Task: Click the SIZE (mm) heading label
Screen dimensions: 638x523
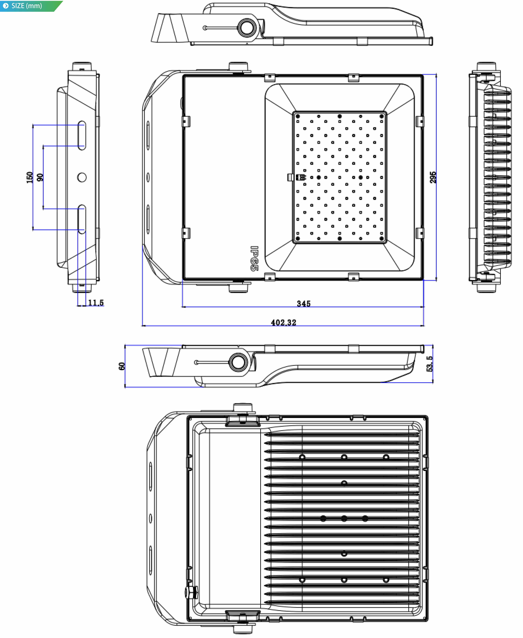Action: click(27, 6)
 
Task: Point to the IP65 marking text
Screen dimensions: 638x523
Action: click(254, 258)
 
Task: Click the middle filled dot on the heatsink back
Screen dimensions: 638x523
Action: click(344, 518)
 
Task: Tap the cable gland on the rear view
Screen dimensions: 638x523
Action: click(191, 592)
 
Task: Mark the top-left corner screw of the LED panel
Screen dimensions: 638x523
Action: click(298, 116)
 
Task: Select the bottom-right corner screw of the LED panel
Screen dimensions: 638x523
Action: click(381, 239)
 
